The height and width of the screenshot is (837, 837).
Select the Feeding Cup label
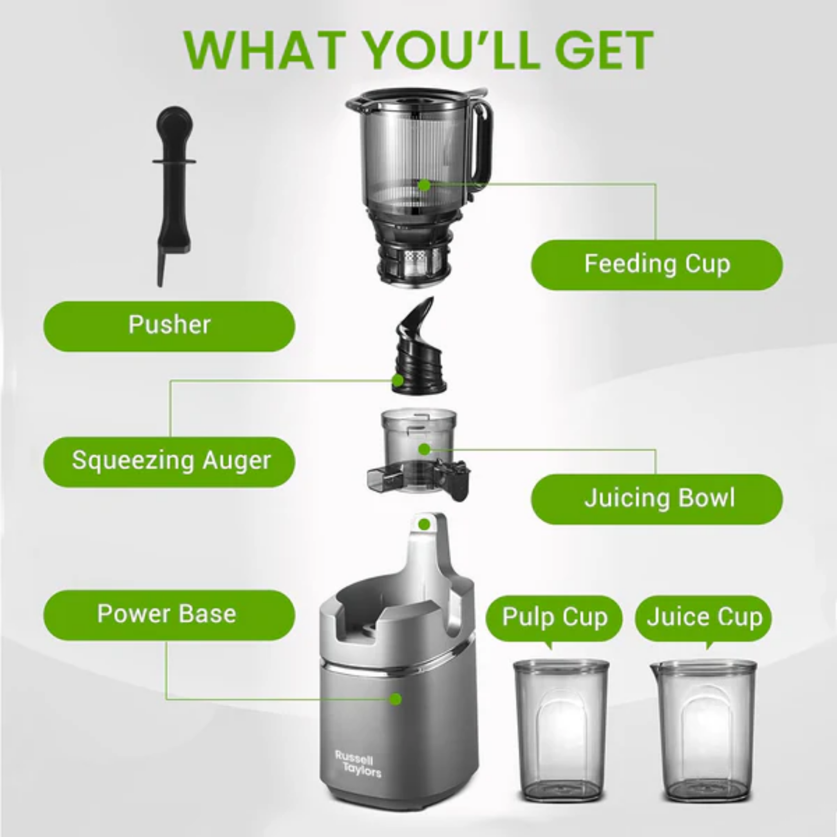tap(656, 264)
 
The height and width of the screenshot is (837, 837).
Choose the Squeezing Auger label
tap(169, 461)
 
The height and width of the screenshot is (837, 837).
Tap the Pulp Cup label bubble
tap(554, 618)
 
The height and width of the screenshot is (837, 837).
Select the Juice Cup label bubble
tap(704, 618)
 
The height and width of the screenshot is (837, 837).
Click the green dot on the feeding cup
tap(425, 186)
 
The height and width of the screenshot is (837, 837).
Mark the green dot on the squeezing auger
tap(397, 381)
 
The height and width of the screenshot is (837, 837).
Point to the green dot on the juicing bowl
tap(425, 450)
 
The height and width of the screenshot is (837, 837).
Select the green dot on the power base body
tap(395, 699)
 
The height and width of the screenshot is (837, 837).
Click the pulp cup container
tap(561, 732)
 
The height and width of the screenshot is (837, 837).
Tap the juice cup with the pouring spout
tap(704, 732)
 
